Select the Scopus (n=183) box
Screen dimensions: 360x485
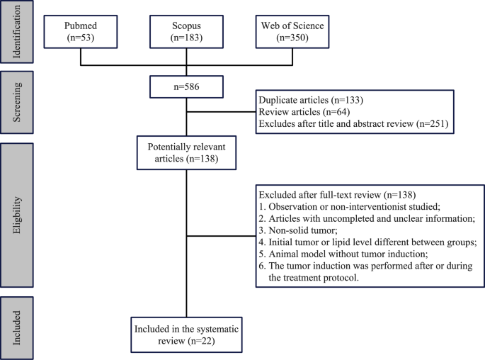click(186, 32)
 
